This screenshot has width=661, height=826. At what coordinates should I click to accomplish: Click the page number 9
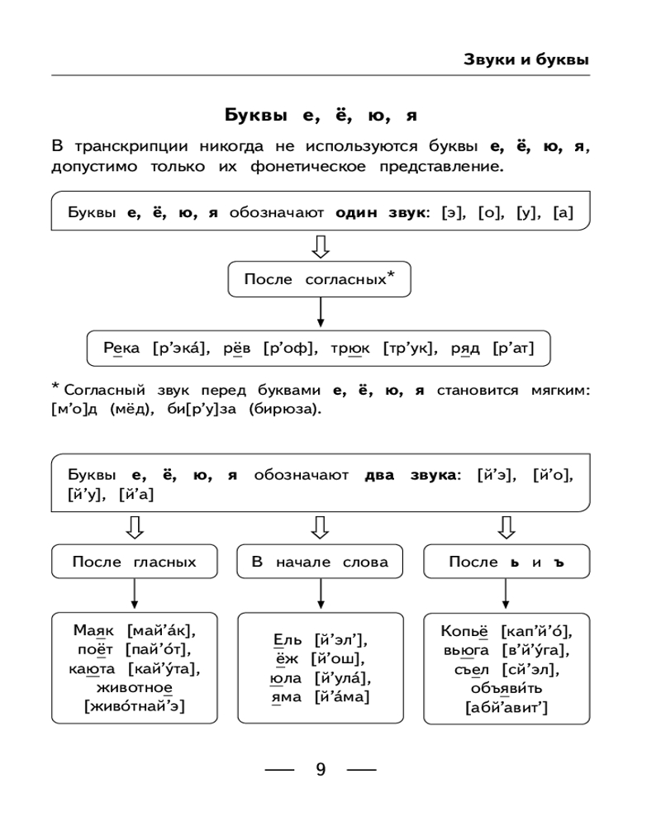[321, 770]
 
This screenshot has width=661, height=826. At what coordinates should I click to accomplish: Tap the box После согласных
[319, 279]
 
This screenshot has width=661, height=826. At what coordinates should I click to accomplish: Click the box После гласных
[135, 562]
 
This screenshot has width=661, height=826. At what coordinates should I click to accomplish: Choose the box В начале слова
[320, 562]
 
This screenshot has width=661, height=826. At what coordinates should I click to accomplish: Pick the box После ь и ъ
[506, 562]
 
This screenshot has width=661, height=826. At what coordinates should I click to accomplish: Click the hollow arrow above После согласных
[320, 245]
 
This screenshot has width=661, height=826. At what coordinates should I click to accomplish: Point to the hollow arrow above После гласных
[135, 526]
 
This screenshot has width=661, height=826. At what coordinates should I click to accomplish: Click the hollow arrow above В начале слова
[320, 526]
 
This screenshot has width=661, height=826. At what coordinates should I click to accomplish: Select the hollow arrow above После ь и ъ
[506, 526]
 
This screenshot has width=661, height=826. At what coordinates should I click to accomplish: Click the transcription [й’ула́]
[342, 678]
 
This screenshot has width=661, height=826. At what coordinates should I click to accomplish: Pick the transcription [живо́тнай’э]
[135, 705]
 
